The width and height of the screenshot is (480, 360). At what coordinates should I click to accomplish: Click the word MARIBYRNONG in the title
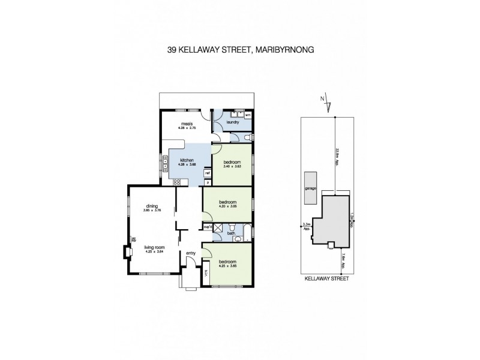click(x=285, y=51)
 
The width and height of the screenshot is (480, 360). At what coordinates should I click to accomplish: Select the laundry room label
click(x=233, y=122)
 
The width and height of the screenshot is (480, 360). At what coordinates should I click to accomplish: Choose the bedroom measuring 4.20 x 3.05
click(x=229, y=205)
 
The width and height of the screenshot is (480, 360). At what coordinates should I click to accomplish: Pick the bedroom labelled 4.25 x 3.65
click(x=228, y=265)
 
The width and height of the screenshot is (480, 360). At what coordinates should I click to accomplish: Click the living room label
click(x=155, y=247)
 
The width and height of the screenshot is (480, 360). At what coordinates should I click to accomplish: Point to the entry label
click(x=191, y=253)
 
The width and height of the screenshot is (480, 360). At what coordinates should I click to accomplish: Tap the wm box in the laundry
click(x=248, y=113)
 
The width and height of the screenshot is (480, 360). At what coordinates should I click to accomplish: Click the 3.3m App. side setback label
click(x=307, y=227)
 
